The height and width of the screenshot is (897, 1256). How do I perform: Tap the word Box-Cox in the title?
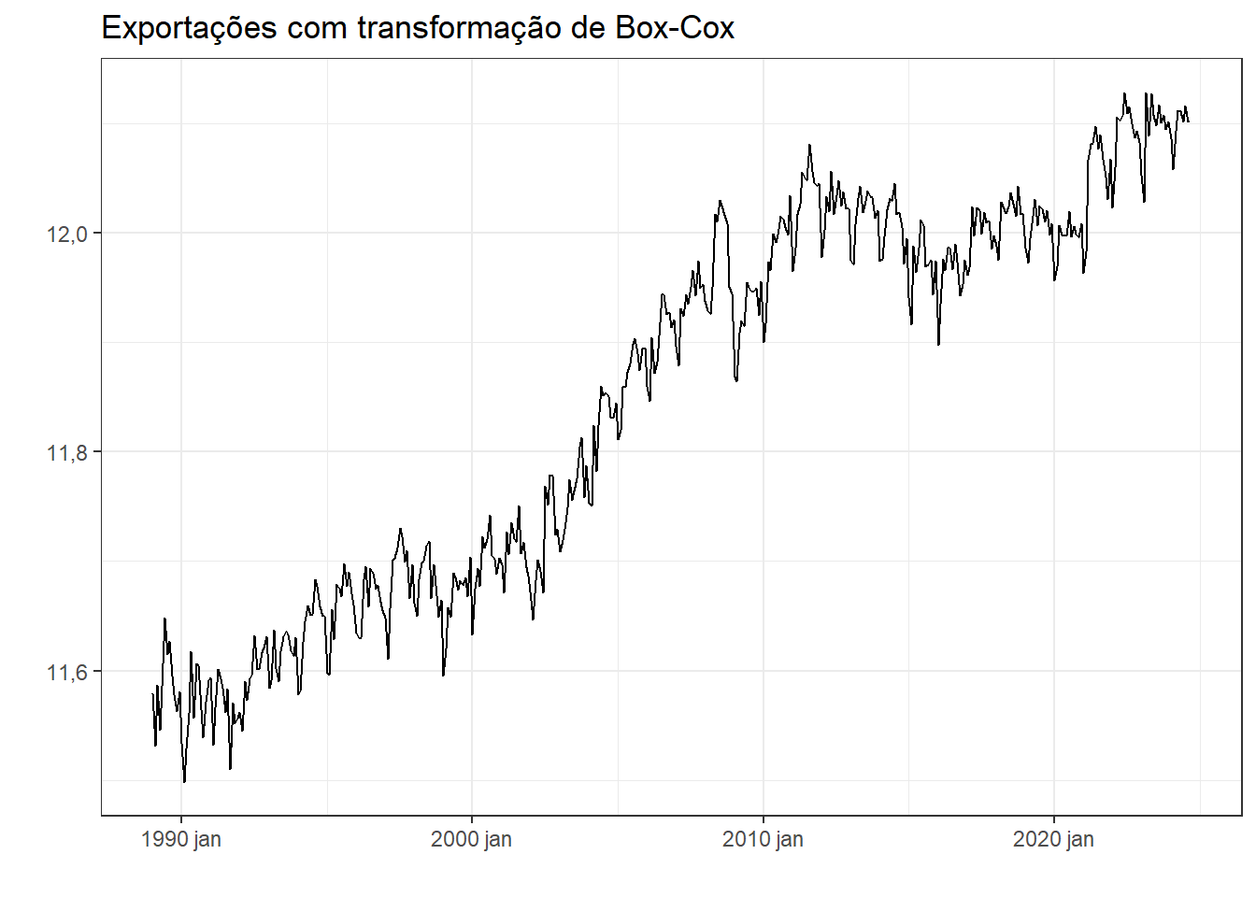675,28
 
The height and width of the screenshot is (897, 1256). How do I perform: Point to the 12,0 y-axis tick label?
67,234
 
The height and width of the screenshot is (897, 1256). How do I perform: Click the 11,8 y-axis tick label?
67,453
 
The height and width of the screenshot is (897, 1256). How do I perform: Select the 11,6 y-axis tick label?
67,672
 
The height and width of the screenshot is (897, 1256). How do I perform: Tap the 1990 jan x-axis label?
181,839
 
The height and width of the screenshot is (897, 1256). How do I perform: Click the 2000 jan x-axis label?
472,839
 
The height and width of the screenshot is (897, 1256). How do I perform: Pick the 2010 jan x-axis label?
763,839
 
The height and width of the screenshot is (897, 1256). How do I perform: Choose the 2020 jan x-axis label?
1053,839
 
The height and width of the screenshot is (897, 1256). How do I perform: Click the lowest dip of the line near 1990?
184,781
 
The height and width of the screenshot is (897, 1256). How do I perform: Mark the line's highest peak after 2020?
1124,93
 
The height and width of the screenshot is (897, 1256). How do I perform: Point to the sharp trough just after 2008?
736,380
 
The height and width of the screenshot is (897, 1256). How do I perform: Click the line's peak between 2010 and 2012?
809,145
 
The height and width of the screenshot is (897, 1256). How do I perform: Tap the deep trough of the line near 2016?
938,344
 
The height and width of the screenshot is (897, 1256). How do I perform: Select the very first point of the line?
152,693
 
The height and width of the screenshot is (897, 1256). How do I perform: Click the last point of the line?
1188,121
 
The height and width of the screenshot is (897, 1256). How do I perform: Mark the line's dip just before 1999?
443,675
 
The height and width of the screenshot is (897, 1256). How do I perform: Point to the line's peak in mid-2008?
720,201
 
